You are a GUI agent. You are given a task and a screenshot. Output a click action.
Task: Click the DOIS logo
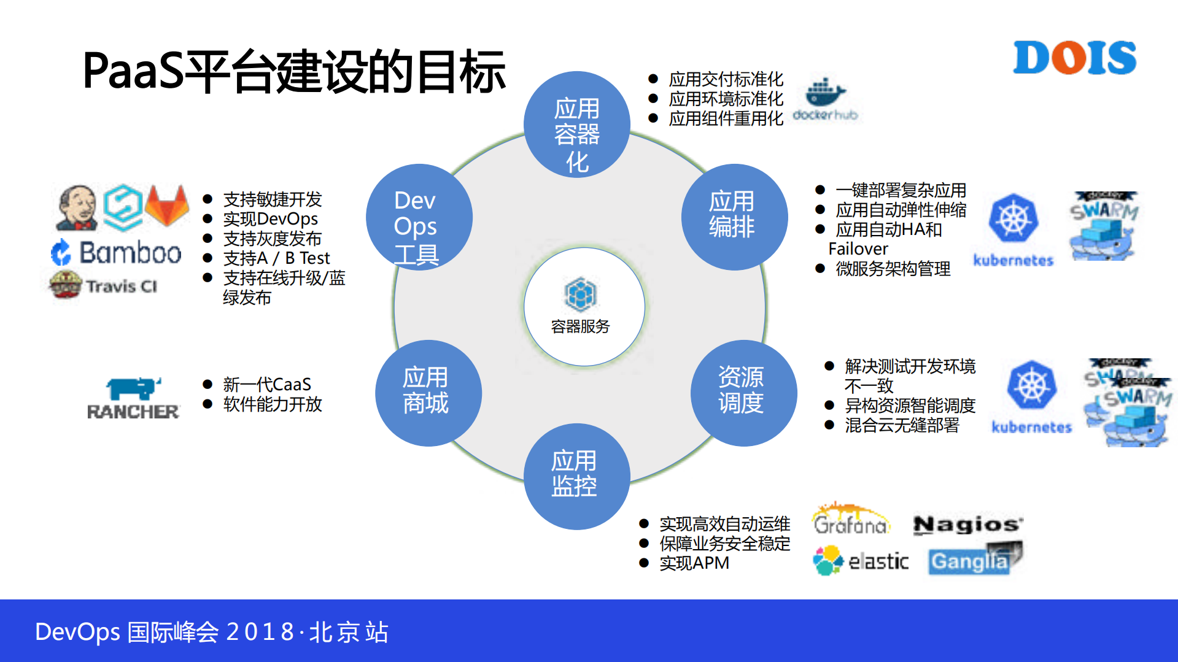(1074, 58)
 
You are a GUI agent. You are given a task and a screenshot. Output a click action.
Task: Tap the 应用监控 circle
(576, 476)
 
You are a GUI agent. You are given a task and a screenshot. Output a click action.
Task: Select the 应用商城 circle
(428, 393)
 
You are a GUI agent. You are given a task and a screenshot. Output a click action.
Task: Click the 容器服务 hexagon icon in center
(580, 295)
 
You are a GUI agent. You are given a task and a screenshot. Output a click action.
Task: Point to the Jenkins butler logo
(77, 207)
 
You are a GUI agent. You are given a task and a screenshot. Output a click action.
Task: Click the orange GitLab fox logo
(167, 206)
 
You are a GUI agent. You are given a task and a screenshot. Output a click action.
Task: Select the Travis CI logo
(104, 285)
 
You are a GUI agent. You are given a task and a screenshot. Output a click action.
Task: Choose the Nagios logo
(967, 525)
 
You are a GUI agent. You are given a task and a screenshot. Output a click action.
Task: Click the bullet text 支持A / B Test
(276, 258)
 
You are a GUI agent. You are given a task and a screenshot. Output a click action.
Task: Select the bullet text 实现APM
(694, 563)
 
